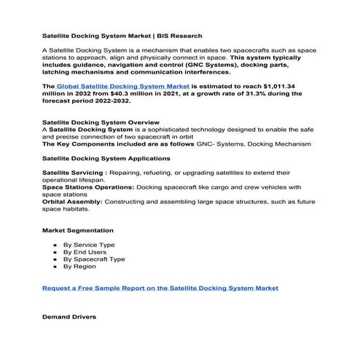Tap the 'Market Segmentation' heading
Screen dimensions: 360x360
click(77, 230)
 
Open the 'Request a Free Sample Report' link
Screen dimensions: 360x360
click(160, 288)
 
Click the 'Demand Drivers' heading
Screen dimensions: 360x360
click(69, 318)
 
